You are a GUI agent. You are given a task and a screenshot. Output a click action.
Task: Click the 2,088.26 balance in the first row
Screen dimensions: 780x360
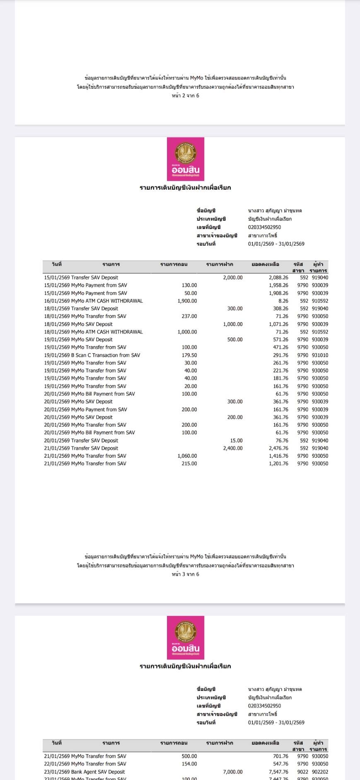click(x=278, y=278)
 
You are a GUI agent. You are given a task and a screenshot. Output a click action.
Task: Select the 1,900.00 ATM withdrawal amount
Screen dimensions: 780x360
click(x=187, y=301)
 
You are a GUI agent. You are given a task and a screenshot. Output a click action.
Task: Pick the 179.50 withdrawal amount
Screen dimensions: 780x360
click(x=189, y=355)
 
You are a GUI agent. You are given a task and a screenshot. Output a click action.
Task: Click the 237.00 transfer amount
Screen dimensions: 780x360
click(x=189, y=316)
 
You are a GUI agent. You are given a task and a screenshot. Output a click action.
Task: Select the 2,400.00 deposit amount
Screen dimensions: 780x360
click(x=233, y=448)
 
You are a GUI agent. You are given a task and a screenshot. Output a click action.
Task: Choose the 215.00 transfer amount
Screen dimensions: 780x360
click(x=189, y=464)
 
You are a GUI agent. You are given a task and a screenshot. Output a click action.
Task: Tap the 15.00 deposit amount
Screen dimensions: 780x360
click(x=237, y=440)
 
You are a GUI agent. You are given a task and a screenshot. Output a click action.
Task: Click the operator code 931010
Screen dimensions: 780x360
click(x=320, y=355)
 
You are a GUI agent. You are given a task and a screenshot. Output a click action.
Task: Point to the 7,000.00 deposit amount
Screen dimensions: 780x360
click(x=233, y=772)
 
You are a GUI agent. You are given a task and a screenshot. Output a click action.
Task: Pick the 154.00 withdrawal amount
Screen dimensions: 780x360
click(x=189, y=764)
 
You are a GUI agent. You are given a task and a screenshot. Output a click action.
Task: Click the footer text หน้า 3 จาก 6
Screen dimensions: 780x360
click(x=186, y=574)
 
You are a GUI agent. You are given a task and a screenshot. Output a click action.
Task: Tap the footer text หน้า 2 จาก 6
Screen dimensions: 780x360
click(x=186, y=96)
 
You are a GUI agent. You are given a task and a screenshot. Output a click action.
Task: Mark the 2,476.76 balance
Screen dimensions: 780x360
click(x=278, y=448)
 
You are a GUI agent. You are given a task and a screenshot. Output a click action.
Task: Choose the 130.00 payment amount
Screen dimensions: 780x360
click(x=189, y=285)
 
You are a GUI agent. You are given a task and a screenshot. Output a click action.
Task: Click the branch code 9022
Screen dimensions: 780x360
click(x=302, y=772)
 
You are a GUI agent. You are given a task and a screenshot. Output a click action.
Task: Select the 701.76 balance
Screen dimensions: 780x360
click(x=280, y=756)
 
